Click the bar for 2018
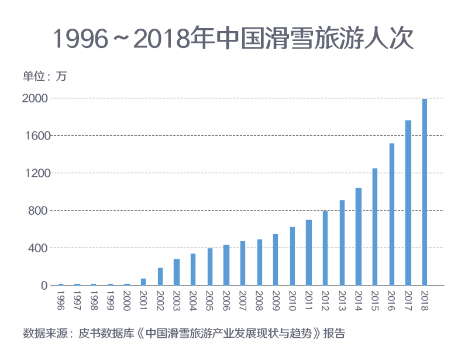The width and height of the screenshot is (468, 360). point(425,192)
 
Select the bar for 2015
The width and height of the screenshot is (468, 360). point(375,227)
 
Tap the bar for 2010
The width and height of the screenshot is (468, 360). point(292,256)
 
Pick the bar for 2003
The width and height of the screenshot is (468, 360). point(177,272)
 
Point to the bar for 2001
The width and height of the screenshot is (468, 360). point(143,282)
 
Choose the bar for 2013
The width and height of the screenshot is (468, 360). point(342,242)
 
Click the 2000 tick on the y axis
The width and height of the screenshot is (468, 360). point(36,98)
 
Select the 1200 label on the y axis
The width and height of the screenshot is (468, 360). point(36,173)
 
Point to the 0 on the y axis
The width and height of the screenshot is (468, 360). point(44,286)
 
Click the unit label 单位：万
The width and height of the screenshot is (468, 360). point(45,77)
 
